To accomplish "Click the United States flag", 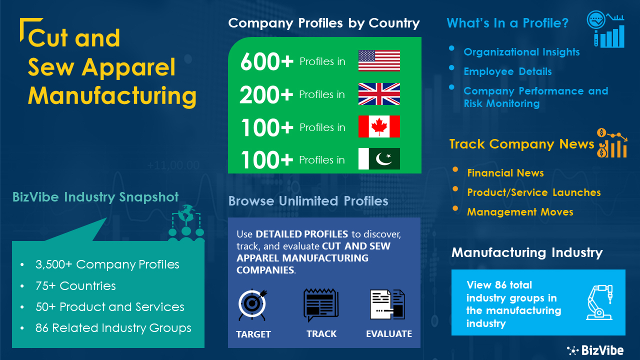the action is pos(379,61).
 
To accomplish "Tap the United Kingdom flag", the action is pos(379,94).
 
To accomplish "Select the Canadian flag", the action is pos(379,126).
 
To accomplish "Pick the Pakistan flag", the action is pos(379,159).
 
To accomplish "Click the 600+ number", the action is pos(267,61).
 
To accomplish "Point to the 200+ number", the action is pos(266,94).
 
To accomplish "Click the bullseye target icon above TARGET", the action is pos(252,304).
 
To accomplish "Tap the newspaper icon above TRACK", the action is pos(321,305).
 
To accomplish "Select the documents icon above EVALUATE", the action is pos(387,304).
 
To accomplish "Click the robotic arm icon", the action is pos(599,302).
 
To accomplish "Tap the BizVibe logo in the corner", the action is pos(595,350).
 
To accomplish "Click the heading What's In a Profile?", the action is pos(507,23).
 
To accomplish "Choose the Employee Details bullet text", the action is pos(507,71).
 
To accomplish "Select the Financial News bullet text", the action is pos(505,173).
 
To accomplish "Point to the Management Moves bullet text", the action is pos(520,212).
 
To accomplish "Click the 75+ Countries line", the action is pos(75,285).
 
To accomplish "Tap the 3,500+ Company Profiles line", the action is pos(107,264).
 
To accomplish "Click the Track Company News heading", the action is pos(521,144).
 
